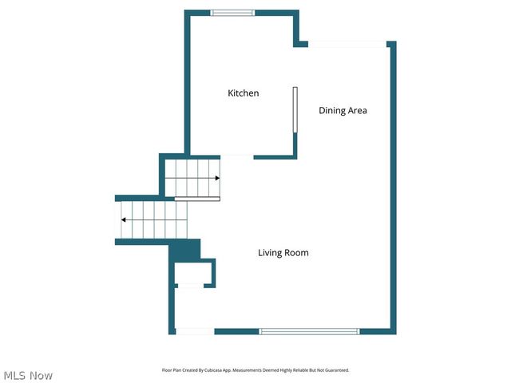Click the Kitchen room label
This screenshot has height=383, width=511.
[244, 93]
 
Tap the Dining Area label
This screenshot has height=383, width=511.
[343, 111]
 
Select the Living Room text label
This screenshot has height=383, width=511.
[283, 253]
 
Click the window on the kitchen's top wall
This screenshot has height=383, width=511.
[232, 13]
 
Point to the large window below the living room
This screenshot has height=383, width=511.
[309, 331]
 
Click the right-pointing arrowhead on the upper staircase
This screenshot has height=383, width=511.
[216, 179]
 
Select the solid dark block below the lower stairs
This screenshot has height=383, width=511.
[184, 250]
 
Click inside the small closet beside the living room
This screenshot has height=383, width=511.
[193, 271]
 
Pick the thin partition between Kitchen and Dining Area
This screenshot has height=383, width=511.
[295, 110]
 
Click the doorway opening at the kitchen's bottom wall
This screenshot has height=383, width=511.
[236, 156]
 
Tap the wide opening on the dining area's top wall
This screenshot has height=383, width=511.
[347, 44]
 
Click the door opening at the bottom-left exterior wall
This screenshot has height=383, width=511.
[194, 331]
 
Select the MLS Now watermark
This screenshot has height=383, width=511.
[28, 375]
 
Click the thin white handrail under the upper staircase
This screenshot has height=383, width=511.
[196, 198]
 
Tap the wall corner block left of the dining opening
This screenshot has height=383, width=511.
[300, 42]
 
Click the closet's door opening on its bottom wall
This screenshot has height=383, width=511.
[189, 286]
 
